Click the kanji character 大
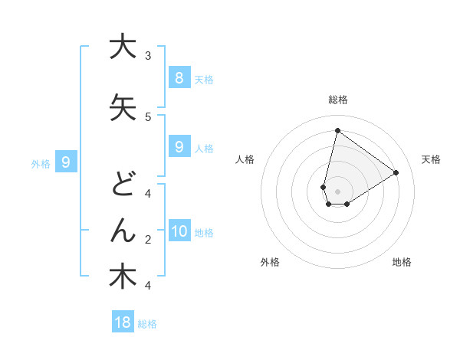(x=123, y=47)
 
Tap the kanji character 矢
(x=123, y=107)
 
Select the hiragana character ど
(x=123, y=185)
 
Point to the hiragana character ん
(x=123, y=229)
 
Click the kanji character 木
(x=123, y=276)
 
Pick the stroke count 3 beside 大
(x=147, y=55)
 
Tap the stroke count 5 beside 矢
(x=147, y=116)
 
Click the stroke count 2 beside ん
(x=147, y=240)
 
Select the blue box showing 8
(x=179, y=77)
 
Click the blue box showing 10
(x=179, y=231)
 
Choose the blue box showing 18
(x=123, y=322)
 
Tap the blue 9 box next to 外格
(x=66, y=162)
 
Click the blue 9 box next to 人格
(x=179, y=146)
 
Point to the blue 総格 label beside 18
(x=147, y=324)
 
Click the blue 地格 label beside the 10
(x=204, y=233)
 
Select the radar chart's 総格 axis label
(x=337, y=100)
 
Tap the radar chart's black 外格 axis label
(x=270, y=262)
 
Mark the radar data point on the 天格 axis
(x=396, y=172)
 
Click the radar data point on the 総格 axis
(x=337, y=131)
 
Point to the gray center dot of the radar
(x=337, y=191)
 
